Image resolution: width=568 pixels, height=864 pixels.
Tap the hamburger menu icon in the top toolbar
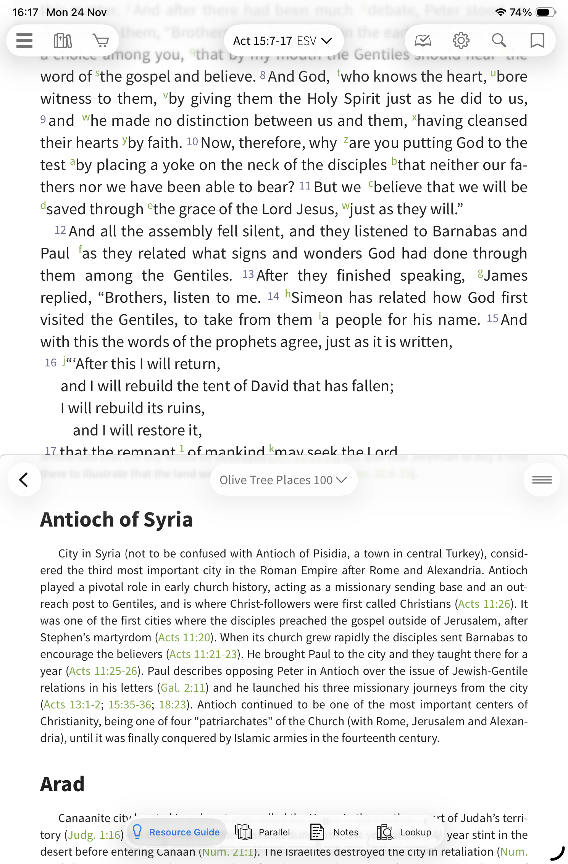[24, 40]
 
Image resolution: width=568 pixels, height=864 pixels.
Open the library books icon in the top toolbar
[63, 40]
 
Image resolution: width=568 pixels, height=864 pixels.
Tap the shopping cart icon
[101, 40]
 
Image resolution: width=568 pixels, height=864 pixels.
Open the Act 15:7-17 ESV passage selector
[283, 41]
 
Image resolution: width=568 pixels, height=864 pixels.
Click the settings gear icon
[461, 40]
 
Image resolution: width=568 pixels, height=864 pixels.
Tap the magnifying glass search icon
[499, 40]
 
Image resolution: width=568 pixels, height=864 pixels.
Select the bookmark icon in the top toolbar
[537, 40]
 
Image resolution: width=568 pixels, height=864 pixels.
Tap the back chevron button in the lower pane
[24, 480]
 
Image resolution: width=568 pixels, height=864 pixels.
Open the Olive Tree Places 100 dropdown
[283, 480]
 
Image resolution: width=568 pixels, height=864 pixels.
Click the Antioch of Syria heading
[116, 520]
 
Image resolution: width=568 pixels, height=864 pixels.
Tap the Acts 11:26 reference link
[484, 604]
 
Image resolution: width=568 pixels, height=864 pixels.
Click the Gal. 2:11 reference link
[183, 688]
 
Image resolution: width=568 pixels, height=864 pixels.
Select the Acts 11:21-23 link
[203, 654]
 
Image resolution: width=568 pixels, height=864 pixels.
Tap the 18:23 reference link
[173, 705]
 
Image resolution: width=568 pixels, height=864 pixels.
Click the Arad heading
[62, 784]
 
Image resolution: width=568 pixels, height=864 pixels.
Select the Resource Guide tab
[176, 832]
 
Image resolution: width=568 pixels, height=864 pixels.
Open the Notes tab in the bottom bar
[334, 832]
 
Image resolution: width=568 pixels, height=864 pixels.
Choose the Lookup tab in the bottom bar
[404, 832]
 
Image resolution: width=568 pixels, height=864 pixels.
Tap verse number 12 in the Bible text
[60, 230]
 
